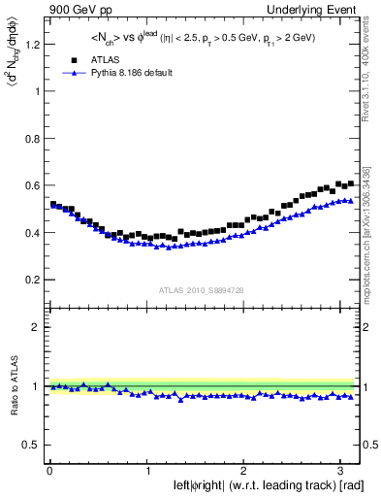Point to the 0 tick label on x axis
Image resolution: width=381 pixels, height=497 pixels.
coord(48,471)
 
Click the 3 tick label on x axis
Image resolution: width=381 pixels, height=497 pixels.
coord(342,471)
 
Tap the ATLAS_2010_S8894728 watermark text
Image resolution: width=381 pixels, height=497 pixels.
coord(201,290)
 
